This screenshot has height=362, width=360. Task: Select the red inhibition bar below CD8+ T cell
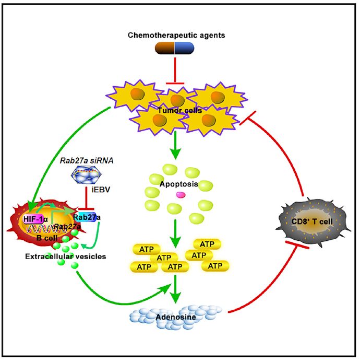click(x=298, y=244)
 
